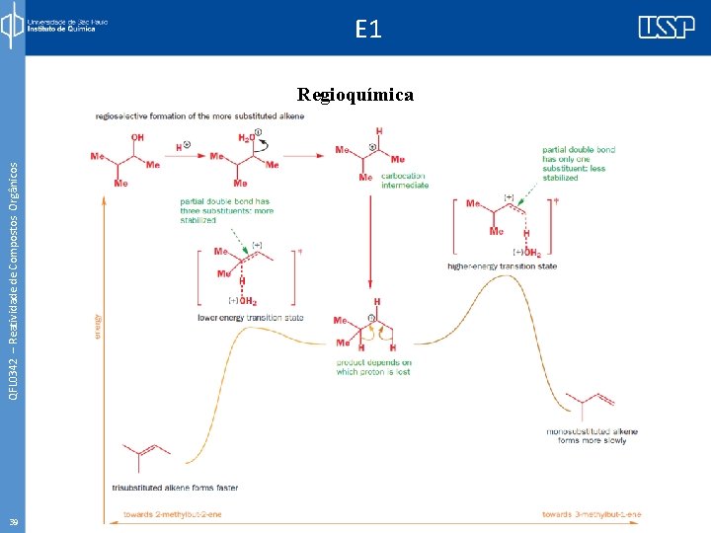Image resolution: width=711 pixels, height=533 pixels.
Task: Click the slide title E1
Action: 367,30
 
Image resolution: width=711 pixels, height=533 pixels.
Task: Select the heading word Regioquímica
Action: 355,95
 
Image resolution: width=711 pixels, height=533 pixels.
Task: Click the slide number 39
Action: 13,522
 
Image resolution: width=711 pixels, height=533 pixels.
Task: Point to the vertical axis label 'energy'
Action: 98,326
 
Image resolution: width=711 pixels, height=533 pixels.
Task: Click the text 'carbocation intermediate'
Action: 405,181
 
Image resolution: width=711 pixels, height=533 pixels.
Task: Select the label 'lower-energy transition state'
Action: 250,318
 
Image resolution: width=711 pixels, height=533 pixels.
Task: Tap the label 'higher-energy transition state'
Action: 502,266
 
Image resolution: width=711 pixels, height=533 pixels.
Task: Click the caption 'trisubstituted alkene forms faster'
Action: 175,488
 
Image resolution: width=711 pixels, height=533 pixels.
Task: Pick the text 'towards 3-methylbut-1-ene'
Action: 592,514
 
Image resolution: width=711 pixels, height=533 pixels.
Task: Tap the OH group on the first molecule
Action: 137,137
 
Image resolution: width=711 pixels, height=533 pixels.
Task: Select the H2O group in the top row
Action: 247,137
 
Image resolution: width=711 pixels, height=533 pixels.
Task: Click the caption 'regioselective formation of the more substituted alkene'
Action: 199,115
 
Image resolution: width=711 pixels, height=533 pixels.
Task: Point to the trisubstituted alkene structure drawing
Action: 145,455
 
